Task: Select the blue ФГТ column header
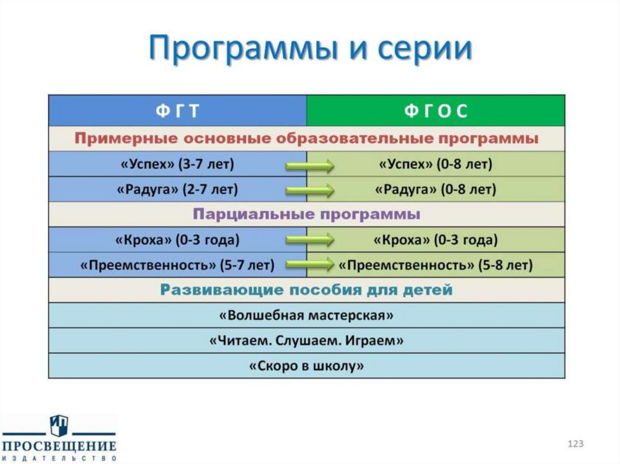tap(177, 111)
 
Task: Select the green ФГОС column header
tap(435, 111)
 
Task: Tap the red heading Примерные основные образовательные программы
tap(306, 139)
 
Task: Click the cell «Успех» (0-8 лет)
tap(435, 164)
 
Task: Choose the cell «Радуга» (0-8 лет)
tap(435, 189)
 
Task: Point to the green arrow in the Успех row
tap(309, 165)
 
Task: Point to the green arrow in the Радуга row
tap(309, 190)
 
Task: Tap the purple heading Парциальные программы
tap(306, 215)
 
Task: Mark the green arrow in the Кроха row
tap(309, 240)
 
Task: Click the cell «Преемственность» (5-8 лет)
tap(435, 265)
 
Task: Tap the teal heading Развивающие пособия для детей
tap(306, 290)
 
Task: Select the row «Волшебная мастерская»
tap(306, 315)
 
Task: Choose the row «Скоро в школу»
tap(306, 365)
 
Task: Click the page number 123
tap(575, 444)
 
